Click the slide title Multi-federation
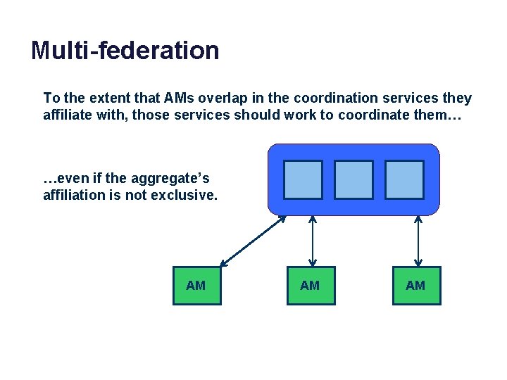click(125, 51)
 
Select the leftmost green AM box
click(196, 286)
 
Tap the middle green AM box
click(311, 286)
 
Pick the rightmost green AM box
click(416, 286)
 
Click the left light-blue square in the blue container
click(303, 179)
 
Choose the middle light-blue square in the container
click(353, 179)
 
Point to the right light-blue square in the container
click(405, 179)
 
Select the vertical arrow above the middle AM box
click(312, 241)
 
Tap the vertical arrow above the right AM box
click(418, 241)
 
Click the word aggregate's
click(175, 179)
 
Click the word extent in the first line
click(108, 98)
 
